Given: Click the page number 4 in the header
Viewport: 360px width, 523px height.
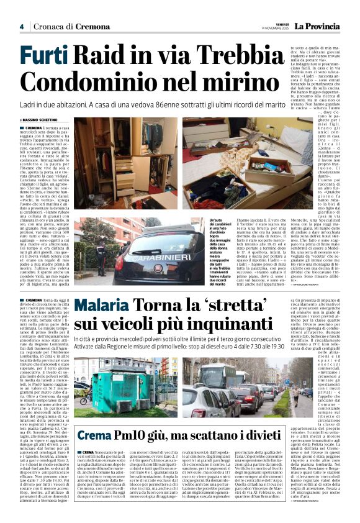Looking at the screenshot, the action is tap(21, 27).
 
